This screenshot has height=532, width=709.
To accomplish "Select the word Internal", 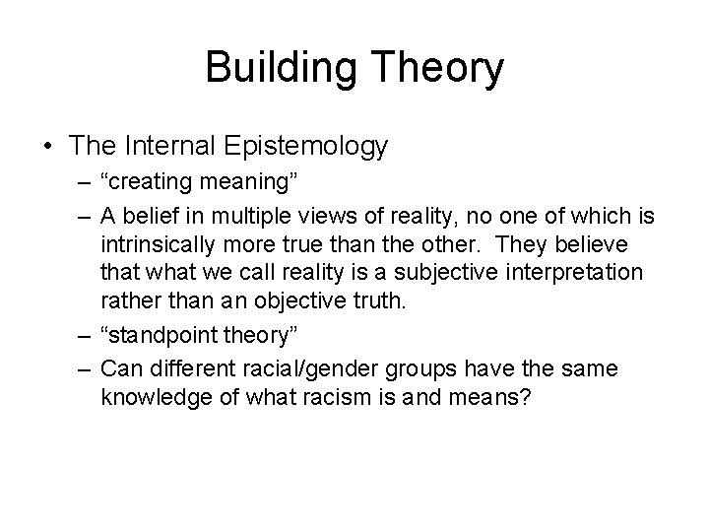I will click(177, 147).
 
